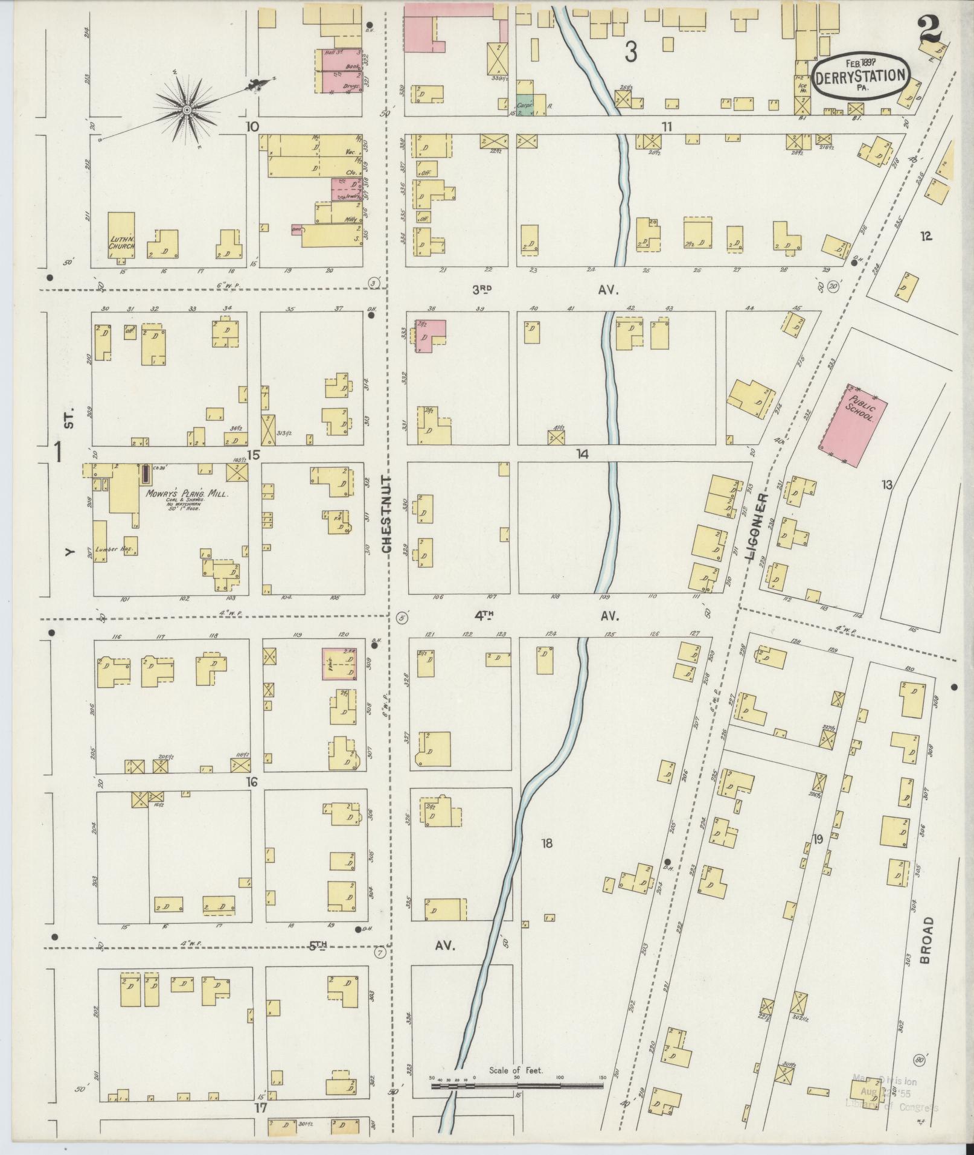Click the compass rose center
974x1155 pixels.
187,109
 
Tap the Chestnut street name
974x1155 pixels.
386,514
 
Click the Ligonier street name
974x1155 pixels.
761,528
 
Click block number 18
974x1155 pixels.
547,843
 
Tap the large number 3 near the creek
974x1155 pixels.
630,53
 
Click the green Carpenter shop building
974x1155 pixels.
524,104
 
